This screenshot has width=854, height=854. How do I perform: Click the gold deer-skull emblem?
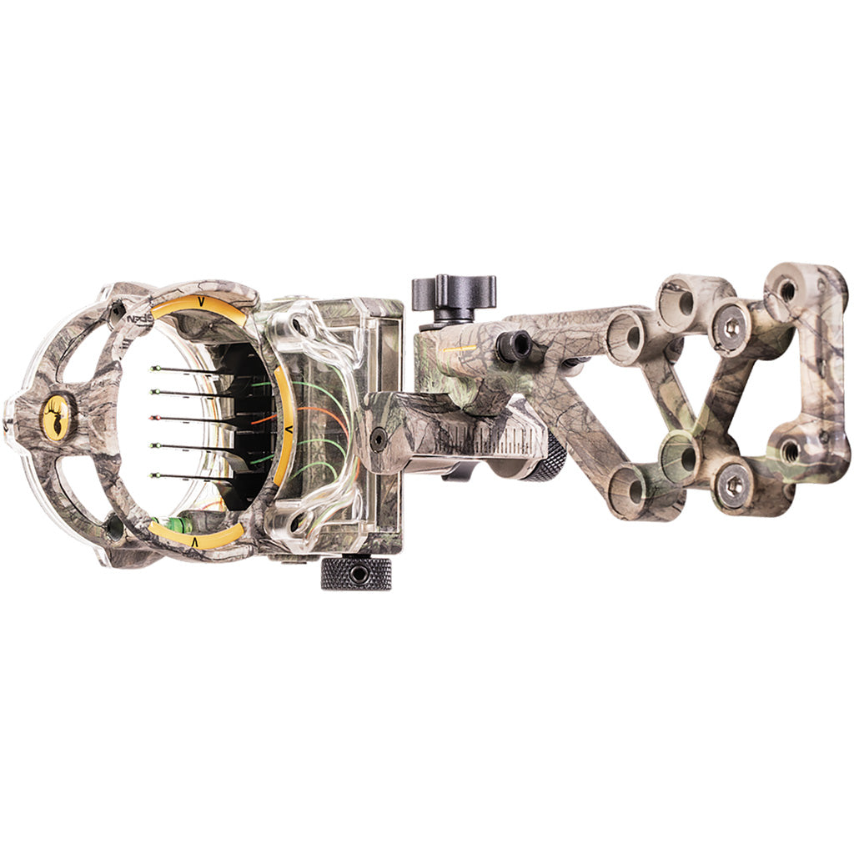[56, 416]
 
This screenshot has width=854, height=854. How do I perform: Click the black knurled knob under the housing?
[356, 574]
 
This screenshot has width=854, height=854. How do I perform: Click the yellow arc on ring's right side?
[286, 425]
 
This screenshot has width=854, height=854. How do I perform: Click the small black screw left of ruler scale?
[378, 439]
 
